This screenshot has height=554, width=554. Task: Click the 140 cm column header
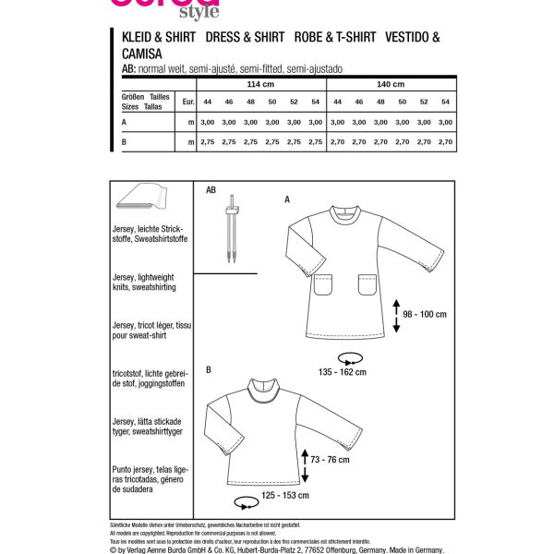click(x=392, y=84)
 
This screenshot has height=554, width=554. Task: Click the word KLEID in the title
click(x=141, y=39)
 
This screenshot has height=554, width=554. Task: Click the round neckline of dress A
click(x=344, y=218)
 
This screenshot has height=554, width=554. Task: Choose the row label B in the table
click(x=124, y=141)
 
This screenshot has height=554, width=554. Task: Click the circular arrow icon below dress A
click(x=349, y=356)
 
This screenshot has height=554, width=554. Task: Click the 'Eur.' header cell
click(x=188, y=102)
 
